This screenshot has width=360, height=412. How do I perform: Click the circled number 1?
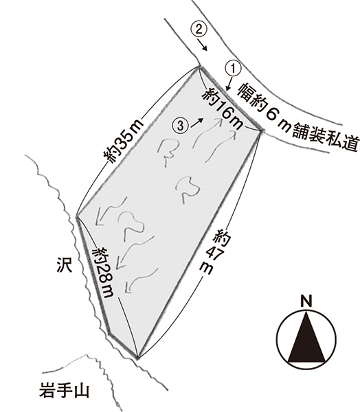(x=233, y=68)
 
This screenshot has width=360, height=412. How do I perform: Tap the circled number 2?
(x=199, y=29)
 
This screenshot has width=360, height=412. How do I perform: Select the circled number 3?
(x=181, y=126)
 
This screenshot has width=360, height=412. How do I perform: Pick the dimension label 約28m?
(x=104, y=272)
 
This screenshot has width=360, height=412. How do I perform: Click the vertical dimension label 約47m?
(x=215, y=251)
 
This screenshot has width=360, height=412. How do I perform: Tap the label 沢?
(x=64, y=265)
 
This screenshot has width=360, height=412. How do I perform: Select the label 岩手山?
(x=65, y=390)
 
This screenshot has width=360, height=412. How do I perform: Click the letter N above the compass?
(x=306, y=301)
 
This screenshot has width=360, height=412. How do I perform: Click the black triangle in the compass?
(x=306, y=336)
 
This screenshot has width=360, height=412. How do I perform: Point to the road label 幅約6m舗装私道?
(x=298, y=117)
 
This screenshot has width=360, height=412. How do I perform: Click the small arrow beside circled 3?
(x=197, y=123)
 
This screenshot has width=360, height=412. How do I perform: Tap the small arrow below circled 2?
(x=203, y=45)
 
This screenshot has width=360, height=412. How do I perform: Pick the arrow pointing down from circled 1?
(x=229, y=84)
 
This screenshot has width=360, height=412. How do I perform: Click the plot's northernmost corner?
(x=198, y=67)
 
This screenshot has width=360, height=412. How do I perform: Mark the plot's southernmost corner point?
(x=137, y=358)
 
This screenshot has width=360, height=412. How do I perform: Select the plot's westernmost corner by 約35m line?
(x=76, y=216)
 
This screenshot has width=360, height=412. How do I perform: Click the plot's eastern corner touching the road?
(x=261, y=130)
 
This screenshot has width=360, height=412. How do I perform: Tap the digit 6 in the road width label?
(x=273, y=113)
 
